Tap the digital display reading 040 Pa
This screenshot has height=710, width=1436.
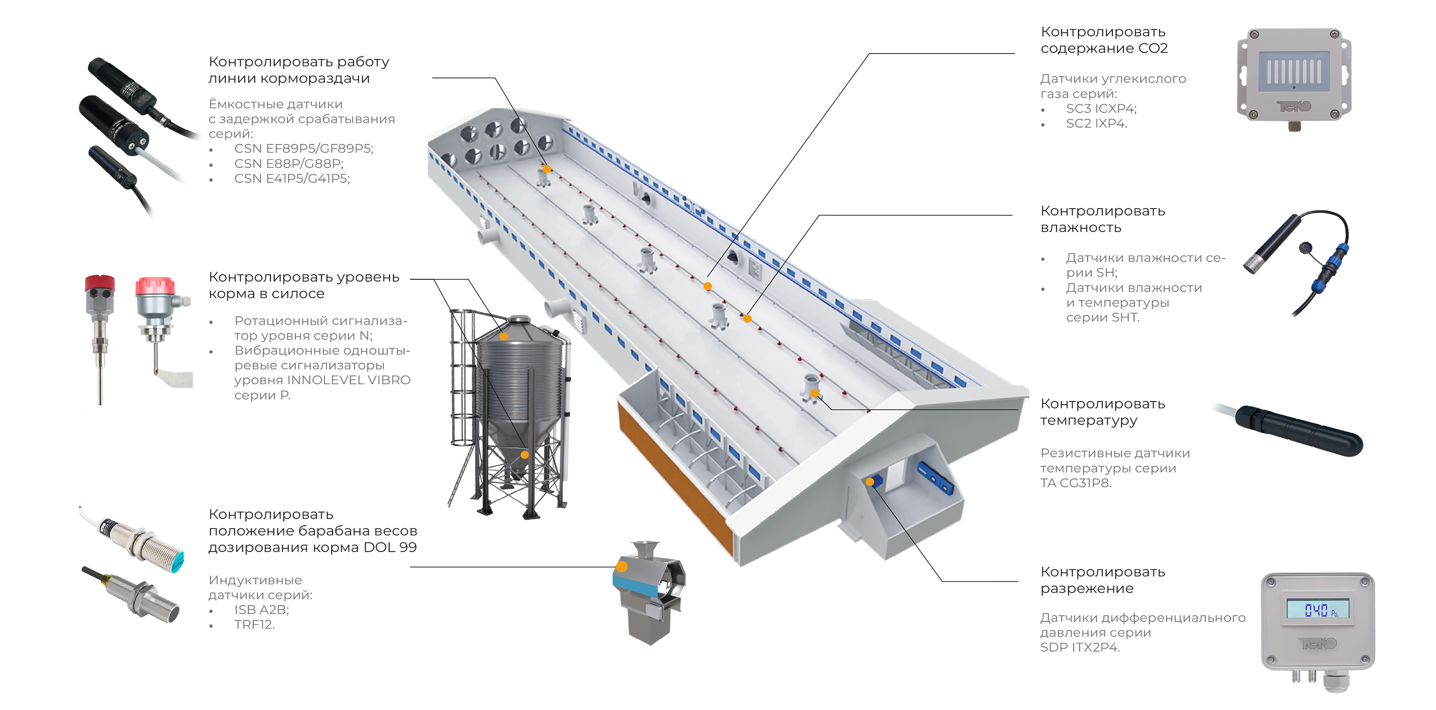coord(1317,609)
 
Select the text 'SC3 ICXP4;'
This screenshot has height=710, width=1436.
coord(1101,108)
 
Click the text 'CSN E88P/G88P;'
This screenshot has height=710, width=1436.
coord(289,163)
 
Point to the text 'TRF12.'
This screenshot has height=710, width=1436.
coord(254,624)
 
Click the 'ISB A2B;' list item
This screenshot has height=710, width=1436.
coord(261,609)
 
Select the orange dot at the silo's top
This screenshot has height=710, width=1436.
coord(504,337)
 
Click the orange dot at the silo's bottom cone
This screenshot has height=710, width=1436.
coord(525,455)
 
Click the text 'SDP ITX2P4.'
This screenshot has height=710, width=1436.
coord(1080,647)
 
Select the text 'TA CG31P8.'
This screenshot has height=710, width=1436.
coord(1076,483)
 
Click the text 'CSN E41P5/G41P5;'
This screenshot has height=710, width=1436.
coord(292,178)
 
